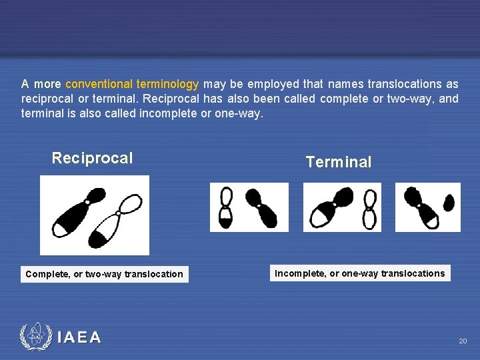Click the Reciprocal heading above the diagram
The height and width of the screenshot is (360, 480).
tap(92, 158)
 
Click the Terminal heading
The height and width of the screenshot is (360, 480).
tap(338, 162)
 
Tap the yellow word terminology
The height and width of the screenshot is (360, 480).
tap(167, 84)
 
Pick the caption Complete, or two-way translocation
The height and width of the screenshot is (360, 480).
tap(104, 274)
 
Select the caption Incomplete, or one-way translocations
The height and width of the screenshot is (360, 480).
tap(360, 273)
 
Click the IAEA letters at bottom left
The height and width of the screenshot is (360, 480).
tap(79, 338)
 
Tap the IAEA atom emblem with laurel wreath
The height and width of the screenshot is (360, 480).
tap(35, 337)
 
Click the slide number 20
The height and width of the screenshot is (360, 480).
tap(463, 341)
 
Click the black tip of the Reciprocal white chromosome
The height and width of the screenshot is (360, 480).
tap(101, 237)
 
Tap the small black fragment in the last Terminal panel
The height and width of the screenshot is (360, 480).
tap(449, 202)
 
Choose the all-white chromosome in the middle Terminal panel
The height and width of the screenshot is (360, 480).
tap(368, 208)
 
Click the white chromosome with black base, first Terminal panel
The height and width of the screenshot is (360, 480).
tap(227, 208)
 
